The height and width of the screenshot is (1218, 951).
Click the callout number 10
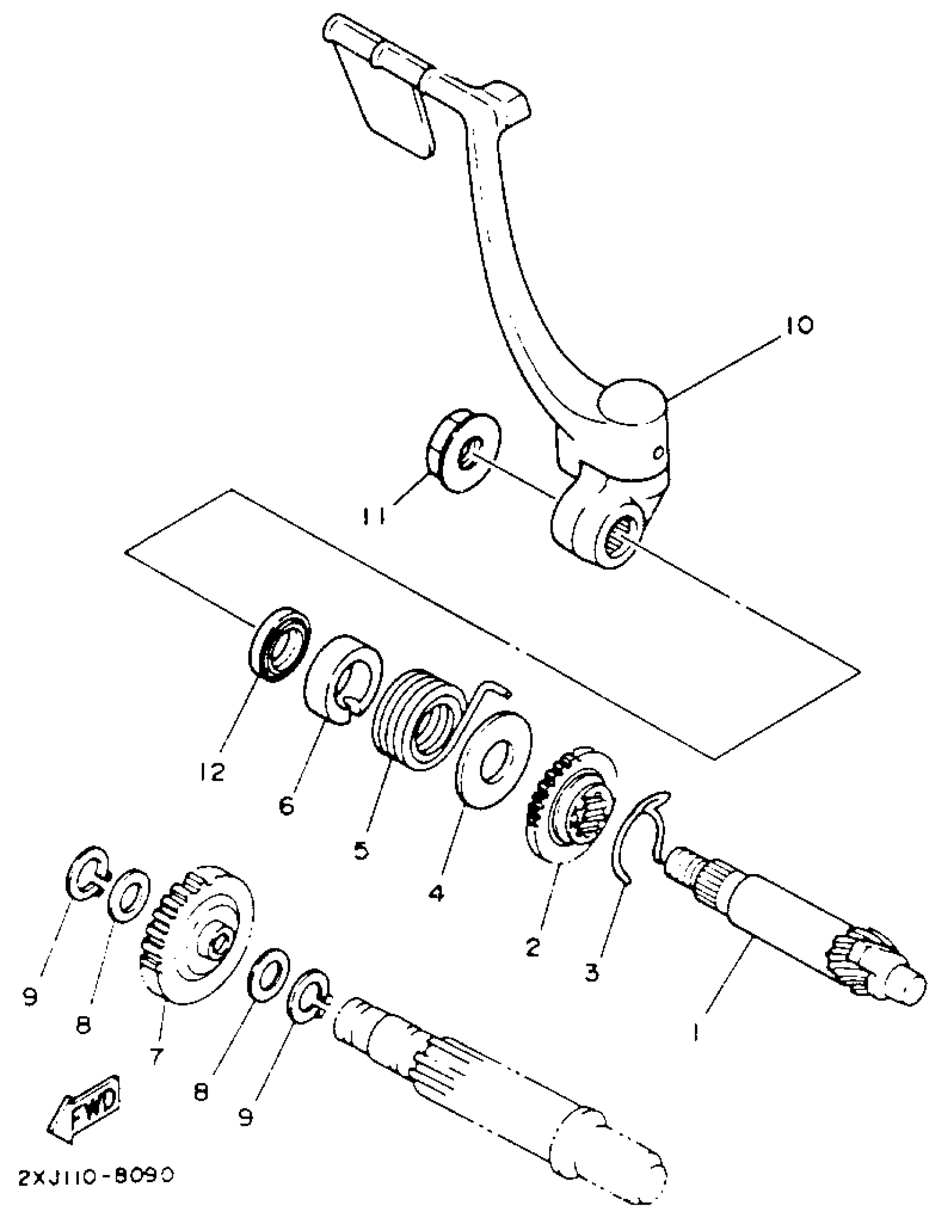pos(799,324)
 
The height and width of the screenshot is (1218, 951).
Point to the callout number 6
pos(286,806)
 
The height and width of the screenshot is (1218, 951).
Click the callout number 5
pos(361,851)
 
